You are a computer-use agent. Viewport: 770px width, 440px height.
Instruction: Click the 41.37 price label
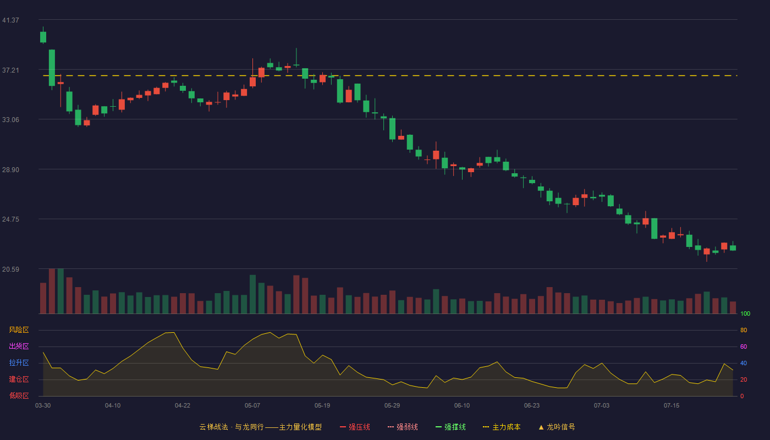point(10,20)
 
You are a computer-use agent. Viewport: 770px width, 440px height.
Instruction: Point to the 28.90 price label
point(10,170)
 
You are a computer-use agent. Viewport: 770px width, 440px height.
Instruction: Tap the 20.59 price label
point(10,269)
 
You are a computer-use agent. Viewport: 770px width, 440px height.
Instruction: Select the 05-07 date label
point(252,406)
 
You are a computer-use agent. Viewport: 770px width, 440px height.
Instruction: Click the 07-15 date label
point(672,406)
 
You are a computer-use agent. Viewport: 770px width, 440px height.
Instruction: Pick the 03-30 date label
point(43,406)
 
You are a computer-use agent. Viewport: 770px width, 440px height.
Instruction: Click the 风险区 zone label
point(19,330)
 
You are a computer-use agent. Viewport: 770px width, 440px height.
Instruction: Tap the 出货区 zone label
point(19,346)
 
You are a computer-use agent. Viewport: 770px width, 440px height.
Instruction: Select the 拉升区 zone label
point(19,362)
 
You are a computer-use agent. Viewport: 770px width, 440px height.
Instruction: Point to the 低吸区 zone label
point(19,395)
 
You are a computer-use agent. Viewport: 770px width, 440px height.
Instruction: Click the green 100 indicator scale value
point(745,313)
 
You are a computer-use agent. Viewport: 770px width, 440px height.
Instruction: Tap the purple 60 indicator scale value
point(744,346)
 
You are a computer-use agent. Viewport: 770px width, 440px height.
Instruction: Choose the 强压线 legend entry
point(355,427)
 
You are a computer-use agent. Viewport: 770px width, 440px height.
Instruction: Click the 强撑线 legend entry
point(450,427)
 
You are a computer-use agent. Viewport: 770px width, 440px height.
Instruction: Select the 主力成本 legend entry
point(502,427)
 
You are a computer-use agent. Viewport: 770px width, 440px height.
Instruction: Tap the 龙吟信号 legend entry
point(557,427)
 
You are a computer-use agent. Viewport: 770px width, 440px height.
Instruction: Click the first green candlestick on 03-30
point(43,37)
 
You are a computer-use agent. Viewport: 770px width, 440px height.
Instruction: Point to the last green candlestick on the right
point(733,248)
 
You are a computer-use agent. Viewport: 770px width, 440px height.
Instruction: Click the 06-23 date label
point(532,406)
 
